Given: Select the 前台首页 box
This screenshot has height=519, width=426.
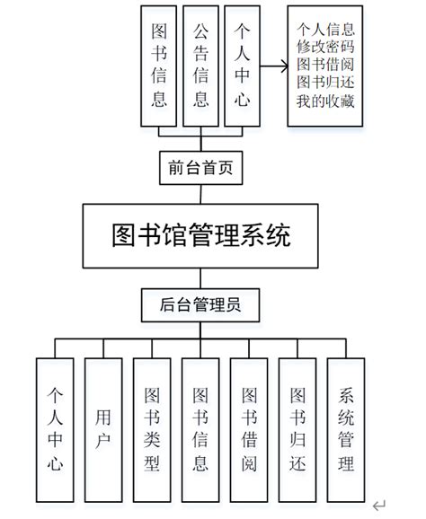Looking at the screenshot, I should [201, 168].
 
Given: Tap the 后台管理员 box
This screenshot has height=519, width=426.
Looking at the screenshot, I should [201, 304].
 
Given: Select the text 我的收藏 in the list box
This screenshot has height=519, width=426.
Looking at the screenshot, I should [325, 101].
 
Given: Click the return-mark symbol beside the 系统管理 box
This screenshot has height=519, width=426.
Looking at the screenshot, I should [380, 505].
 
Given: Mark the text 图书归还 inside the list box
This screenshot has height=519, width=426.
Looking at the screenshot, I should [325, 83].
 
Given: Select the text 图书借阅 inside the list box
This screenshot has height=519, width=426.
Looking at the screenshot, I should [325, 65].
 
